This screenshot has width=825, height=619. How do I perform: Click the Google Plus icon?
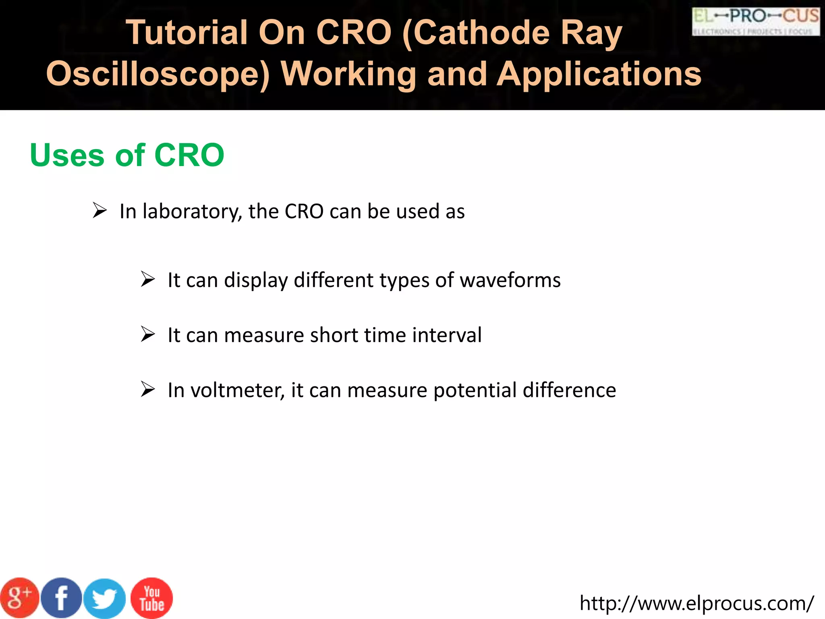(19, 598)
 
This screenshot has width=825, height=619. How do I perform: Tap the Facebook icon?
(62, 598)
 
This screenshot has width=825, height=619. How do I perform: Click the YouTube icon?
(152, 598)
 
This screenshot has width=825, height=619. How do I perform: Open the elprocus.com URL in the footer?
(696, 603)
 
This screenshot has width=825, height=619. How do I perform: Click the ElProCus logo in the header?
(756, 22)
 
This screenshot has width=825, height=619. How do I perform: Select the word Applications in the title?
(599, 74)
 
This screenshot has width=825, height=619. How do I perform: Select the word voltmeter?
(237, 391)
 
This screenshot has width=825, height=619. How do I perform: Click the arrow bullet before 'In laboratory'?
(99, 210)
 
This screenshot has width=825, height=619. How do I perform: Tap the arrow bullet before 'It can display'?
(148, 279)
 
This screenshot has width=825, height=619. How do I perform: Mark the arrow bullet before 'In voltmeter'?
(148, 389)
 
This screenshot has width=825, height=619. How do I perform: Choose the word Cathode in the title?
(481, 33)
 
